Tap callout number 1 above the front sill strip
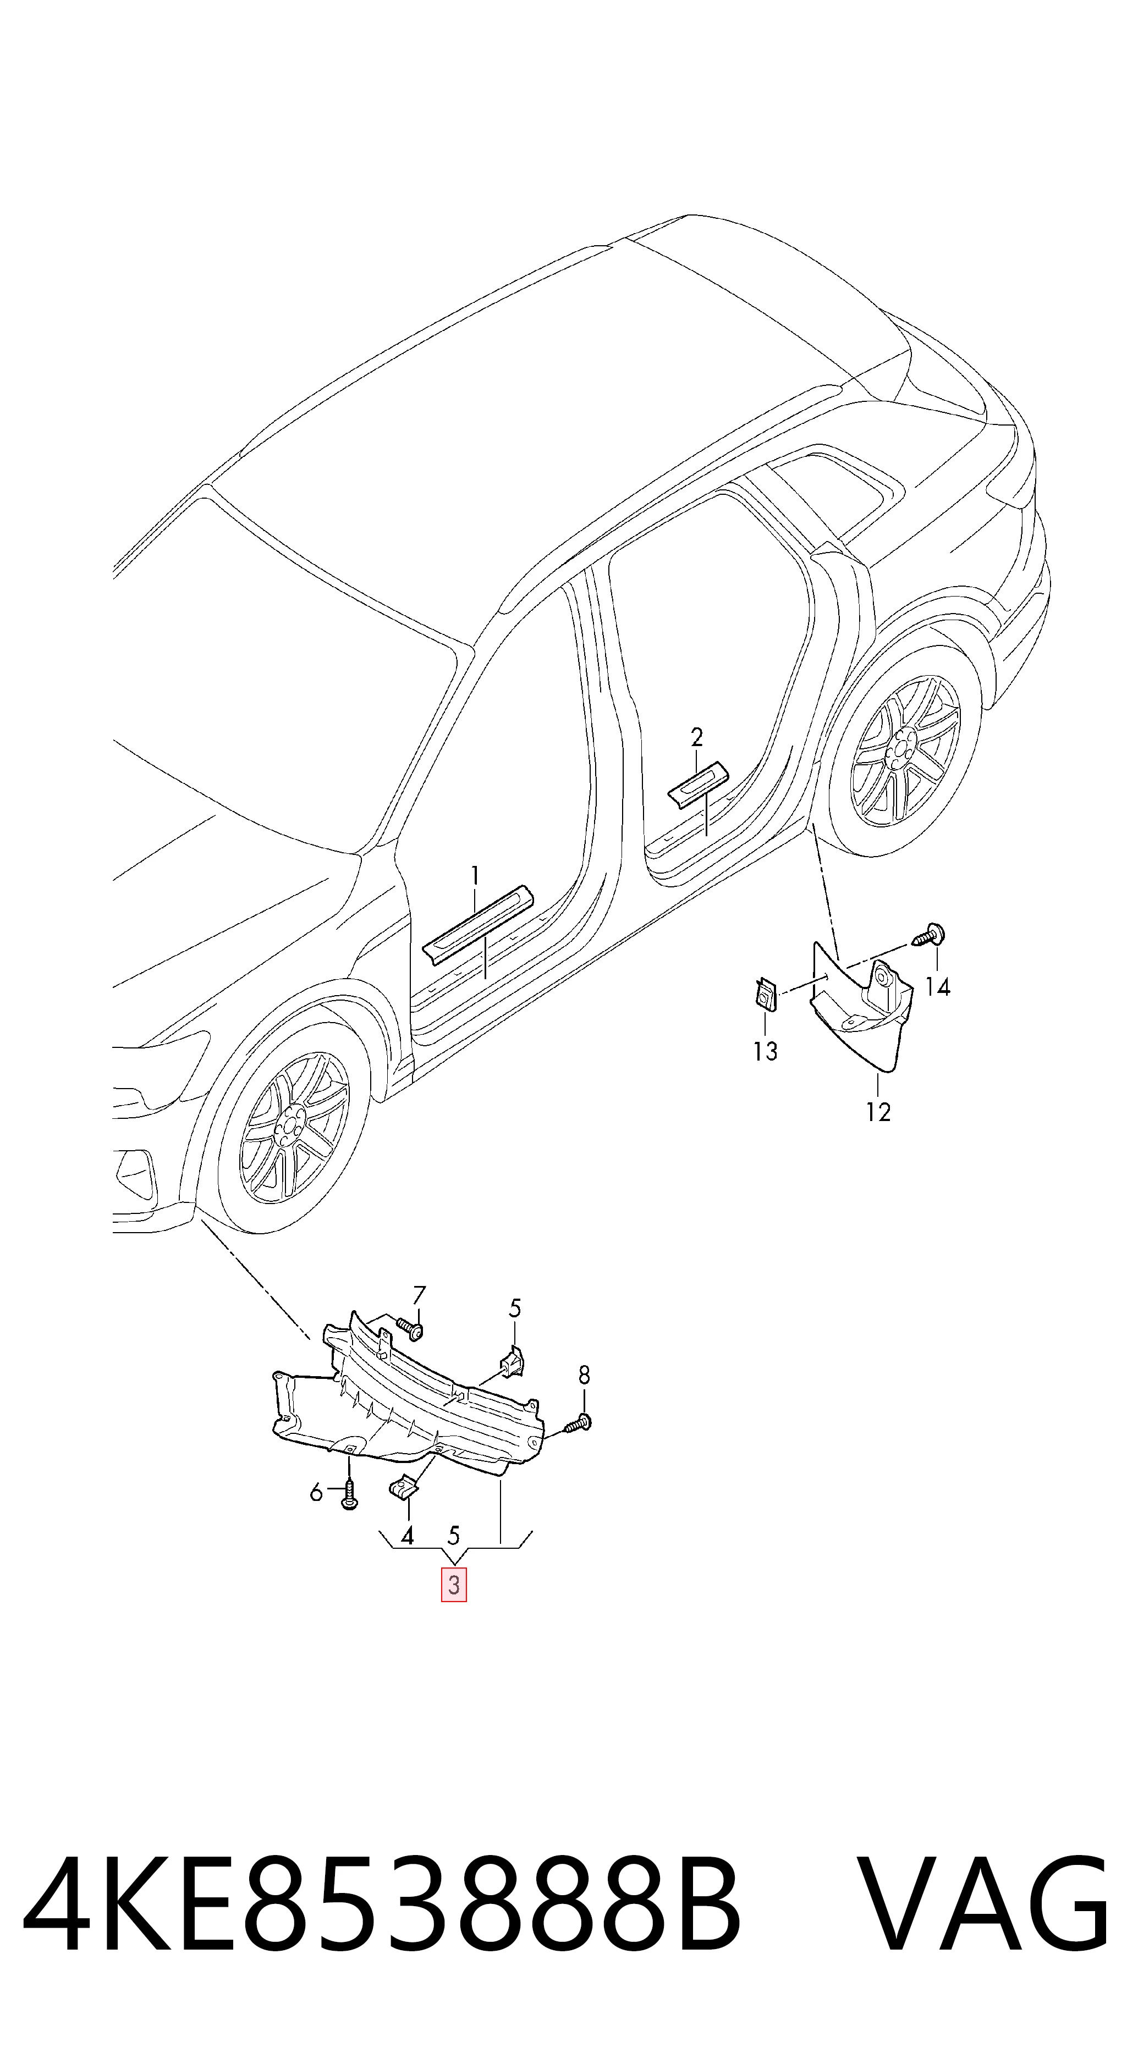tap(475, 874)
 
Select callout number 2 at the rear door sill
tap(697, 736)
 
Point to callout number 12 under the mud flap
tap(878, 1112)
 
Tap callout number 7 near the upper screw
tap(419, 1295)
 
